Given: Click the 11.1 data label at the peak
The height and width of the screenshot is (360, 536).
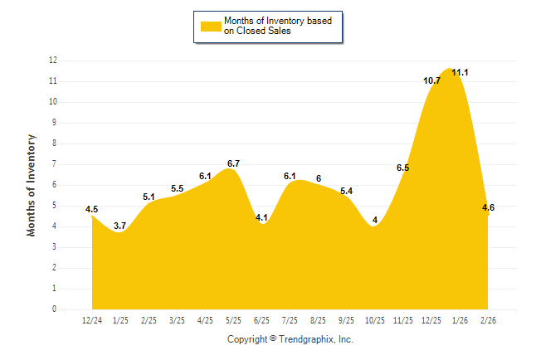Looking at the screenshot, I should (x=460, y=73).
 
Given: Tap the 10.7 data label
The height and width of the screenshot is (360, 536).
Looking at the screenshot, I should (x=431, y=81).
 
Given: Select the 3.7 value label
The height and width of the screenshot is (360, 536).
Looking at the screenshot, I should (x=120, y=226).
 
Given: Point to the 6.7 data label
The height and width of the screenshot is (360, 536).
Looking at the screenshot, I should (x=233, y=163).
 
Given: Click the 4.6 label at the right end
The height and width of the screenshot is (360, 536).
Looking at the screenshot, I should (x=488, y=207).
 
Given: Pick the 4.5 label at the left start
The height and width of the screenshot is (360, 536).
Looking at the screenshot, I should (x=92, y=209).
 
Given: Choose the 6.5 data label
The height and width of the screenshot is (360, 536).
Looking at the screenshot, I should (x=403, y=168).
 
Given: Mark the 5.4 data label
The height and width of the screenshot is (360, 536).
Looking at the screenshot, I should (x=347, y=191).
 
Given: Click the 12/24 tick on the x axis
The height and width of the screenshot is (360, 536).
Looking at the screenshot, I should (x=92, y=320).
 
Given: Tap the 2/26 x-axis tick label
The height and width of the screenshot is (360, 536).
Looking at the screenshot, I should (x=488, y=320).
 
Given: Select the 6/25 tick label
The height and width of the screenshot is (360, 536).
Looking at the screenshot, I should (x=261, y=320).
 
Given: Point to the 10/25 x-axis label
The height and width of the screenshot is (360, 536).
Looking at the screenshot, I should (x=374, y=320).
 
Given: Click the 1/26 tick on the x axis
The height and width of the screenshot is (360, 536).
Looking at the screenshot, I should (x=460, y=320).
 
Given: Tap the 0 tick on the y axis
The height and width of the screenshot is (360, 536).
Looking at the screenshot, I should (x=55, y=309).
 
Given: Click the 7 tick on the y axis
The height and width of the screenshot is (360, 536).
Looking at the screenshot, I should (x=55, y=164).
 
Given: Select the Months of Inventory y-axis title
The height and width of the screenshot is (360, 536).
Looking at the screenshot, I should (x=32, y=185).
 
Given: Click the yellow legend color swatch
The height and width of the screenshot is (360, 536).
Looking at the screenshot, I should (x=210, y=27).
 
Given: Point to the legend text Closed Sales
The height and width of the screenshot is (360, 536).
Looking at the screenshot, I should (x=263, y=32).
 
